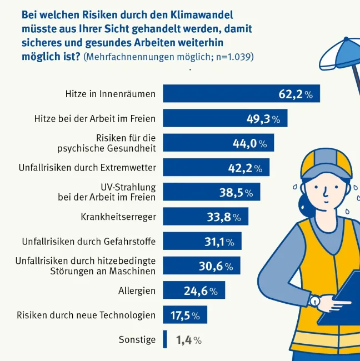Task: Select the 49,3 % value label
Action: click(x=263, y=119)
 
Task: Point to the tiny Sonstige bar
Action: click(x=165, y=340)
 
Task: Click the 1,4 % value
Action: click(x=188, y=340)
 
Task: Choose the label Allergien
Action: click(x=137, y=290)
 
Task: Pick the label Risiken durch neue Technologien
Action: click(x=86, y=315)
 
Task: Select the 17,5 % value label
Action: click(x=184, y=315)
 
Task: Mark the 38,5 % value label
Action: click(x=236, y=193)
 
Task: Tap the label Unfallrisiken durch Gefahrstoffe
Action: click(x=89, y=242)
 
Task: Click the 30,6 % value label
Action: click(x=215, y=267)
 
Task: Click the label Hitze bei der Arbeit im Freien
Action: click(x=95, y=119)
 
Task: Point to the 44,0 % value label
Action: click(x=249, y=143)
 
